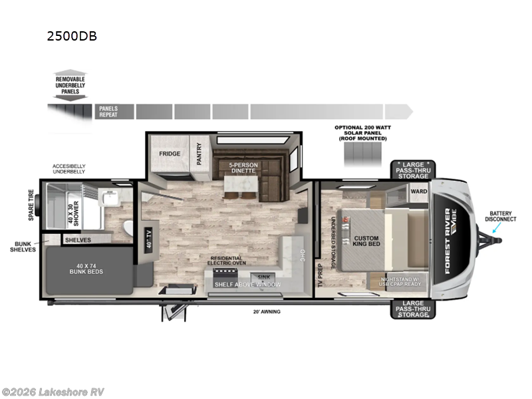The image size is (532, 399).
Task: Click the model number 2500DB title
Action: point(71,37)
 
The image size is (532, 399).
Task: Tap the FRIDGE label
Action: point(170,153)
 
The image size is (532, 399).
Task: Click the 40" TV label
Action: point(148,237)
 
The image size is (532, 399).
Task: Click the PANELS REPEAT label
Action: point(108,110)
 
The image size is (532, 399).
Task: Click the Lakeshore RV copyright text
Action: point(53,392)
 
